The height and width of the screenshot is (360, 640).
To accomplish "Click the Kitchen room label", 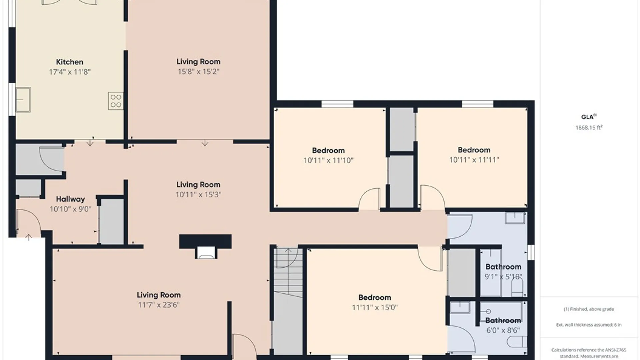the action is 69,62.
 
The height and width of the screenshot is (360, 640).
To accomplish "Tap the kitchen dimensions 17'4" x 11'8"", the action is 70,72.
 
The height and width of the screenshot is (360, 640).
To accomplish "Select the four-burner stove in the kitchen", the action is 116,101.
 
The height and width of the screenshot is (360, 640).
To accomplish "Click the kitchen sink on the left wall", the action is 23,100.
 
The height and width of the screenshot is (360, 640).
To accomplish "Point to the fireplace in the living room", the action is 205,247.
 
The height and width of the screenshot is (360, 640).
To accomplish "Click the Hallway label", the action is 70,199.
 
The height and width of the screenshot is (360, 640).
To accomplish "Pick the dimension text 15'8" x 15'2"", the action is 198,72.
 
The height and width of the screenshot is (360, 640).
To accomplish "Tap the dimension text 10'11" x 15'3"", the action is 198,195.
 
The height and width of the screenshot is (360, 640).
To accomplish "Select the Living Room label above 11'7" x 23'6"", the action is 159,295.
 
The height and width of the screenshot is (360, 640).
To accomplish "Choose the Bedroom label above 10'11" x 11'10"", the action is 328,151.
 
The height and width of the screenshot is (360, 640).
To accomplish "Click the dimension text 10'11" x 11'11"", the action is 474,160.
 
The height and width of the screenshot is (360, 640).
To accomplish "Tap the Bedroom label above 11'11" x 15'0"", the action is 375,298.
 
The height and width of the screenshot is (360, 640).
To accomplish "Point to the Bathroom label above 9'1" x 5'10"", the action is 503,267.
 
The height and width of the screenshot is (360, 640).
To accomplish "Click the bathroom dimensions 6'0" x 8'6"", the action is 503,331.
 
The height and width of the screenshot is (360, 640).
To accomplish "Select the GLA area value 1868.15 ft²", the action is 589,128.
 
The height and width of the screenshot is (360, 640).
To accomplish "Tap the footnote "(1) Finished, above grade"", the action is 589,309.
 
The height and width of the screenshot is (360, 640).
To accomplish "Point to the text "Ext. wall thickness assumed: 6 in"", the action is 589,325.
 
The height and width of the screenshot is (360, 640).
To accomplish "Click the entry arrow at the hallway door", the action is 29,237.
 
